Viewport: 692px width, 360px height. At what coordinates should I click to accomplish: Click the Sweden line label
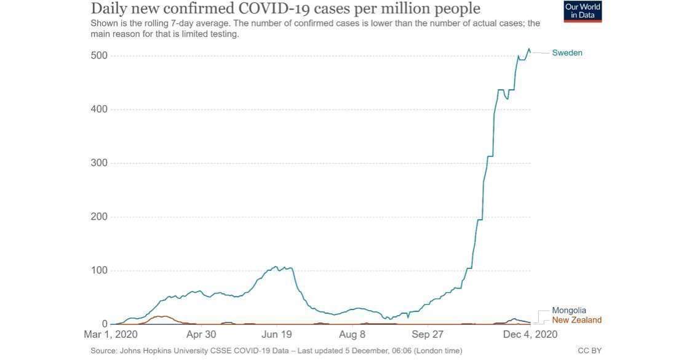click(x=567, y=53)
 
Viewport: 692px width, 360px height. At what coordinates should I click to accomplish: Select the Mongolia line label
click(x=568, y=311)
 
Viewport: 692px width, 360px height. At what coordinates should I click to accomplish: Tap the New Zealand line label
click(x=576, y=320)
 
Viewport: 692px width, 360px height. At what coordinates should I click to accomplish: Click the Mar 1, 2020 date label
click(x=111, y=335)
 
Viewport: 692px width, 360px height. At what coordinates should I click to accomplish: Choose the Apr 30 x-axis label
click(x=201, y=335)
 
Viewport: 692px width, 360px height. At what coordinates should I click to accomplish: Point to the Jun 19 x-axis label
click(x=277, y=335)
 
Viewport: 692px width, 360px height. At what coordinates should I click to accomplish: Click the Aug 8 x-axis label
click(x=352, y=335)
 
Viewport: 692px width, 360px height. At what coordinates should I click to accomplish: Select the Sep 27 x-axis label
click(x=428, y=335)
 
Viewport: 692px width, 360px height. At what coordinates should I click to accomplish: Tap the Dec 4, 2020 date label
click(x=530, y=335)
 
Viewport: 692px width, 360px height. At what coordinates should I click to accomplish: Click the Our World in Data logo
click(x=583, y=12)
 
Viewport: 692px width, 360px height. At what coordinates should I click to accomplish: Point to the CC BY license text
click(x=589, y=351)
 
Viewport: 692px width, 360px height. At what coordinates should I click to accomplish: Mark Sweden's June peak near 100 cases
click(x=276, y=267)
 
